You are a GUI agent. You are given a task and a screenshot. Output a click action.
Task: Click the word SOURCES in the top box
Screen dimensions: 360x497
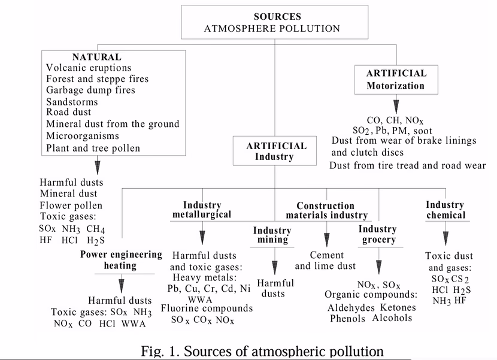pos(277,17)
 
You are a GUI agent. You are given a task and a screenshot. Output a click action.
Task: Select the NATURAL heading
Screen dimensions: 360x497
pos(97,58)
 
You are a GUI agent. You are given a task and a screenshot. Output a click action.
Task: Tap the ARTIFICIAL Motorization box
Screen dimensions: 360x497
pos(396,80)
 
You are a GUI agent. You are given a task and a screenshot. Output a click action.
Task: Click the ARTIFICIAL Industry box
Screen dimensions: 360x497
pos(275,151)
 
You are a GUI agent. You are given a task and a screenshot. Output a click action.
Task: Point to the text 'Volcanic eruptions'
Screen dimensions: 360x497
pos(89,68)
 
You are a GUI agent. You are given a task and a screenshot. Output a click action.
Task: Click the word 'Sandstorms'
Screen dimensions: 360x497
pos(72,102)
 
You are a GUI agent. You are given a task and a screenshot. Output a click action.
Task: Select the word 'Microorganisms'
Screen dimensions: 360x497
pos(84,135)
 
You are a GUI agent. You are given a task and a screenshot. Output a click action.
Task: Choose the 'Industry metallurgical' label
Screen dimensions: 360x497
pos(202,210)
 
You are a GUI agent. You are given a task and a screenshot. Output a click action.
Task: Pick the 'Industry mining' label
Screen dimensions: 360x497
pos(272,235)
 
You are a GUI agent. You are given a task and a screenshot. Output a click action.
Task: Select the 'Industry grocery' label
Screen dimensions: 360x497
pos(378,234)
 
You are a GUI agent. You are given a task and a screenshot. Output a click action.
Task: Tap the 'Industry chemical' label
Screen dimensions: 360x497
pos(446,210)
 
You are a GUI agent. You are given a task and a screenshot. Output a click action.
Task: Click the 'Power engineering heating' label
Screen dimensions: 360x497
pos(121,259)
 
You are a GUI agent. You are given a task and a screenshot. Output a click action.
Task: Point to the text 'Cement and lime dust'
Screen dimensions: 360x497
pos(326,261)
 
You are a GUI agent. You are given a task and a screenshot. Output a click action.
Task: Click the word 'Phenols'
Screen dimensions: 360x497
pos(347,319)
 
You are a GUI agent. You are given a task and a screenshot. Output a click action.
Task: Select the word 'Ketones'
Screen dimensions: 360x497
pos(398,307)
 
